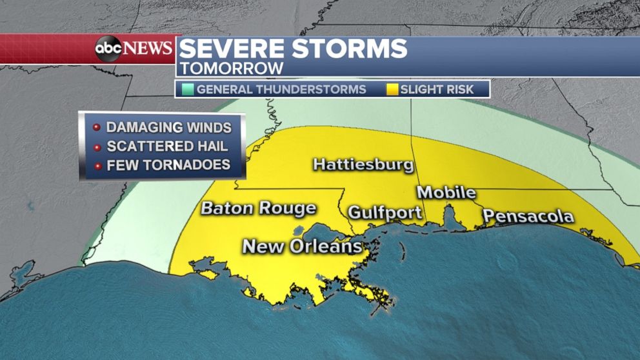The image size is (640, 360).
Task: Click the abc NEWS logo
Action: pos(134,48)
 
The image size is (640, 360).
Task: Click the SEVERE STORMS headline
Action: pos(293,49)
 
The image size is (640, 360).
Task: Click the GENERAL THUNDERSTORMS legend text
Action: pos(281,90)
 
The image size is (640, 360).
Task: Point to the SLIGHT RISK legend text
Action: pos(437,90)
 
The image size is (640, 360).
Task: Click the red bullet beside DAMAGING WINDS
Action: pos(95,127)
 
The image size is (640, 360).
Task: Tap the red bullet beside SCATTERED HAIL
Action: pos(95,146)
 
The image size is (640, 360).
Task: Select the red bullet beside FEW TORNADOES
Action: pos(95,166)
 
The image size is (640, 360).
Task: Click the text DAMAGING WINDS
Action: pos(168,127)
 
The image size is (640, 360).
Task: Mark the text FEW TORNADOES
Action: pos(168,165)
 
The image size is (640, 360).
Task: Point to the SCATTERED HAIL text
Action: pos(166,146)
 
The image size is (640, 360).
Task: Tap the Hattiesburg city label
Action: pos(363,165)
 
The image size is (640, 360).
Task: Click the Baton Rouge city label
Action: pos(258,208)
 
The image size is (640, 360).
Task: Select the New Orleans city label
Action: pos(301,246)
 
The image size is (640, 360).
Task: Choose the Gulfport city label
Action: pos(385,213)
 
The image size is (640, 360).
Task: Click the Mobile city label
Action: pos(446,192)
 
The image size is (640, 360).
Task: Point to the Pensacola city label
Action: pos(528,216)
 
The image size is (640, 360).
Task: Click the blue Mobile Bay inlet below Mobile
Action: pos(451,216)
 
